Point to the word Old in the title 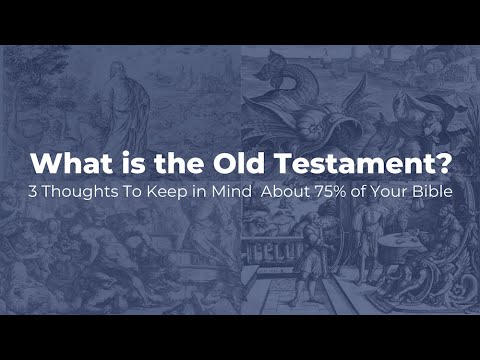pos(245,161)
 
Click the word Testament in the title pos(345,161)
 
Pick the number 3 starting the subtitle pos(34,191)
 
